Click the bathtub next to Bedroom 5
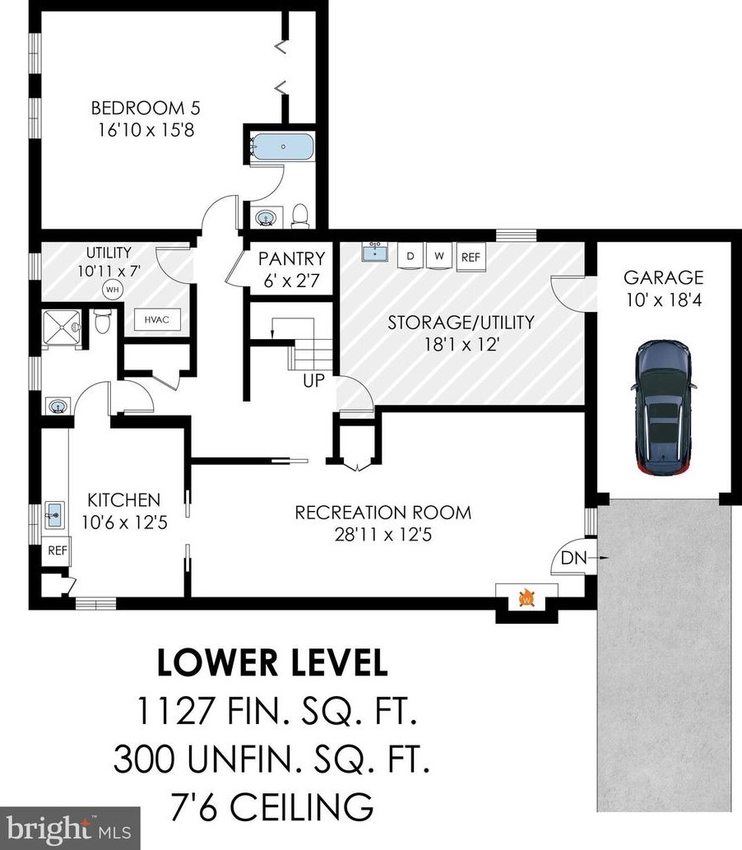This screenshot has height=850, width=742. pyautogui.click(x=282, y=146)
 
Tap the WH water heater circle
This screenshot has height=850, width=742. pyautogui.click(x=112, y=290)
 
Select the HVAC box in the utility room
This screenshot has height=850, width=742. pyautogui.click(x=156, y=320)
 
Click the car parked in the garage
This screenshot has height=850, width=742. pyautogui.click(x=663, y=407)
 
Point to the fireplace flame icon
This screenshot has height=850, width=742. pyautogui.click(x=526, y=598)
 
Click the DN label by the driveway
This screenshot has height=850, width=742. pyautogui.click(x=573, y=558)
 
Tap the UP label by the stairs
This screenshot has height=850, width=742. pyautogui.click(x=313, y=380)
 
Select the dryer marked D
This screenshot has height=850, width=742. pyautogui.click(x=410, y=255)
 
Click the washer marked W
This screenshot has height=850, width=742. pyautogui.click(x=439, y=255)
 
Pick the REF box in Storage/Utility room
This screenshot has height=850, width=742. pyautogui.click(x=471, y=257)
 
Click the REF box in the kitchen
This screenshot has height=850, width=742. pyautogui.click(x=58, y=550)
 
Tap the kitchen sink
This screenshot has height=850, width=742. pyautogui.click(x=53, y=514)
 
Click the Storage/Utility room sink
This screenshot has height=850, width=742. pyautogui.click(x=374, y=252)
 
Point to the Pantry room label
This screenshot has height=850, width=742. pyautogui.click(x=291, y=258)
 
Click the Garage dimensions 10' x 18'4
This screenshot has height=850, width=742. pyautogui.click(x=664, y=300)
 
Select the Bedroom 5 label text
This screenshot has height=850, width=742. pyautogui.click(x=146, y=108)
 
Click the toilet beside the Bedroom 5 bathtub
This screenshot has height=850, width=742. pyautogui.click(x=299, y=216)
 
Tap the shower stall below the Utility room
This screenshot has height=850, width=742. pyautogui.click(x=62, y=327)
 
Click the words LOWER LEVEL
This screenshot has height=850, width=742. pyautogui.click(x=272, y=662)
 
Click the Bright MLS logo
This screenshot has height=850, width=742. pyautogui.click(x=69, y=829)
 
